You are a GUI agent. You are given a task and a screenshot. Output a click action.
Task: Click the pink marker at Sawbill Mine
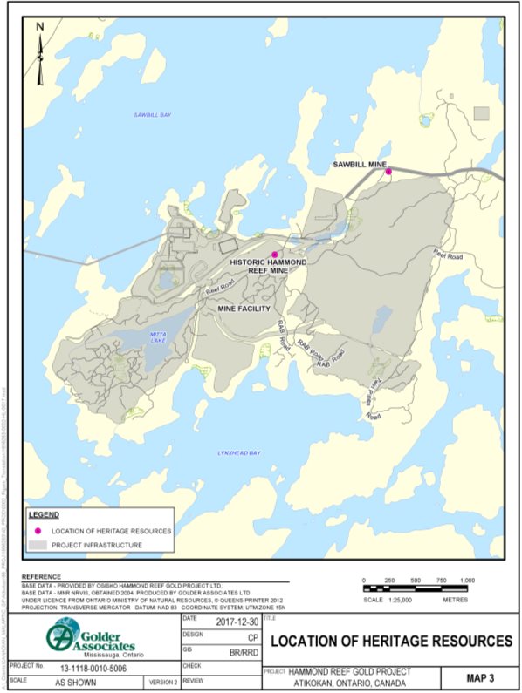click(x=389, y=172)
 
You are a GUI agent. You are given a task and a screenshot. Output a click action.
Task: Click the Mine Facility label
click(x=244, y=309)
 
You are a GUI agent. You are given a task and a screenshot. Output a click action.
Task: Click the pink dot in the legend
click(x=38, y=530)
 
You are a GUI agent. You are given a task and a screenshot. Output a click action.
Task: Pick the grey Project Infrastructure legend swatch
click(x=38, y=545)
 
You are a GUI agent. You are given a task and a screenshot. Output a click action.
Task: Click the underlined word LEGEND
click(x=44, y=514)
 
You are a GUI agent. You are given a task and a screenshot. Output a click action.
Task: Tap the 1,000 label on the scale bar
click(x=467, y=580)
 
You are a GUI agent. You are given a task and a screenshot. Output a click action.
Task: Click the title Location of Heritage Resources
click(x=391, y=641)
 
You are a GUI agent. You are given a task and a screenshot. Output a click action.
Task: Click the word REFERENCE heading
click(x=41, y=577)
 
